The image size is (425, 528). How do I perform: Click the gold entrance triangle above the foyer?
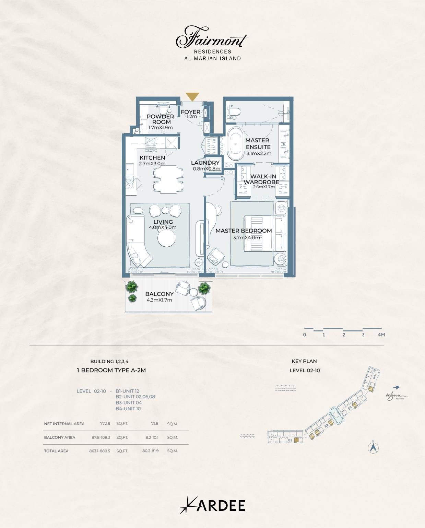(x=192, y=96)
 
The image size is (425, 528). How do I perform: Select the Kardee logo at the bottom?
(x=213, y=505)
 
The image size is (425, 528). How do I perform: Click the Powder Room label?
(x=160, y=119)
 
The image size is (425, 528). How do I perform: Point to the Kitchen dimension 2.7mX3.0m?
(x=152, y=164)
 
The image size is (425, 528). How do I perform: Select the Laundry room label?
(x=205, y=163)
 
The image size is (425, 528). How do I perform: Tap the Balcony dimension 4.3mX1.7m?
(x=159, y=300)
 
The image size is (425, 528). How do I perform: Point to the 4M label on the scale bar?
(x=381, y=335)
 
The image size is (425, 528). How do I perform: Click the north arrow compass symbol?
(x=373, y=448)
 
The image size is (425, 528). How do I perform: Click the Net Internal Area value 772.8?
(x=105, y=423)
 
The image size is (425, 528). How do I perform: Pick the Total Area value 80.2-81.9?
(x=150, y=450)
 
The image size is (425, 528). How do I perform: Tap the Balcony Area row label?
(x=59, y=437)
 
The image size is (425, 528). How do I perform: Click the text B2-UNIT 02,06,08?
(x=135, y=397)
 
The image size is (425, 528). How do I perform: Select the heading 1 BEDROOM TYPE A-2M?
(x=111, y=370)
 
